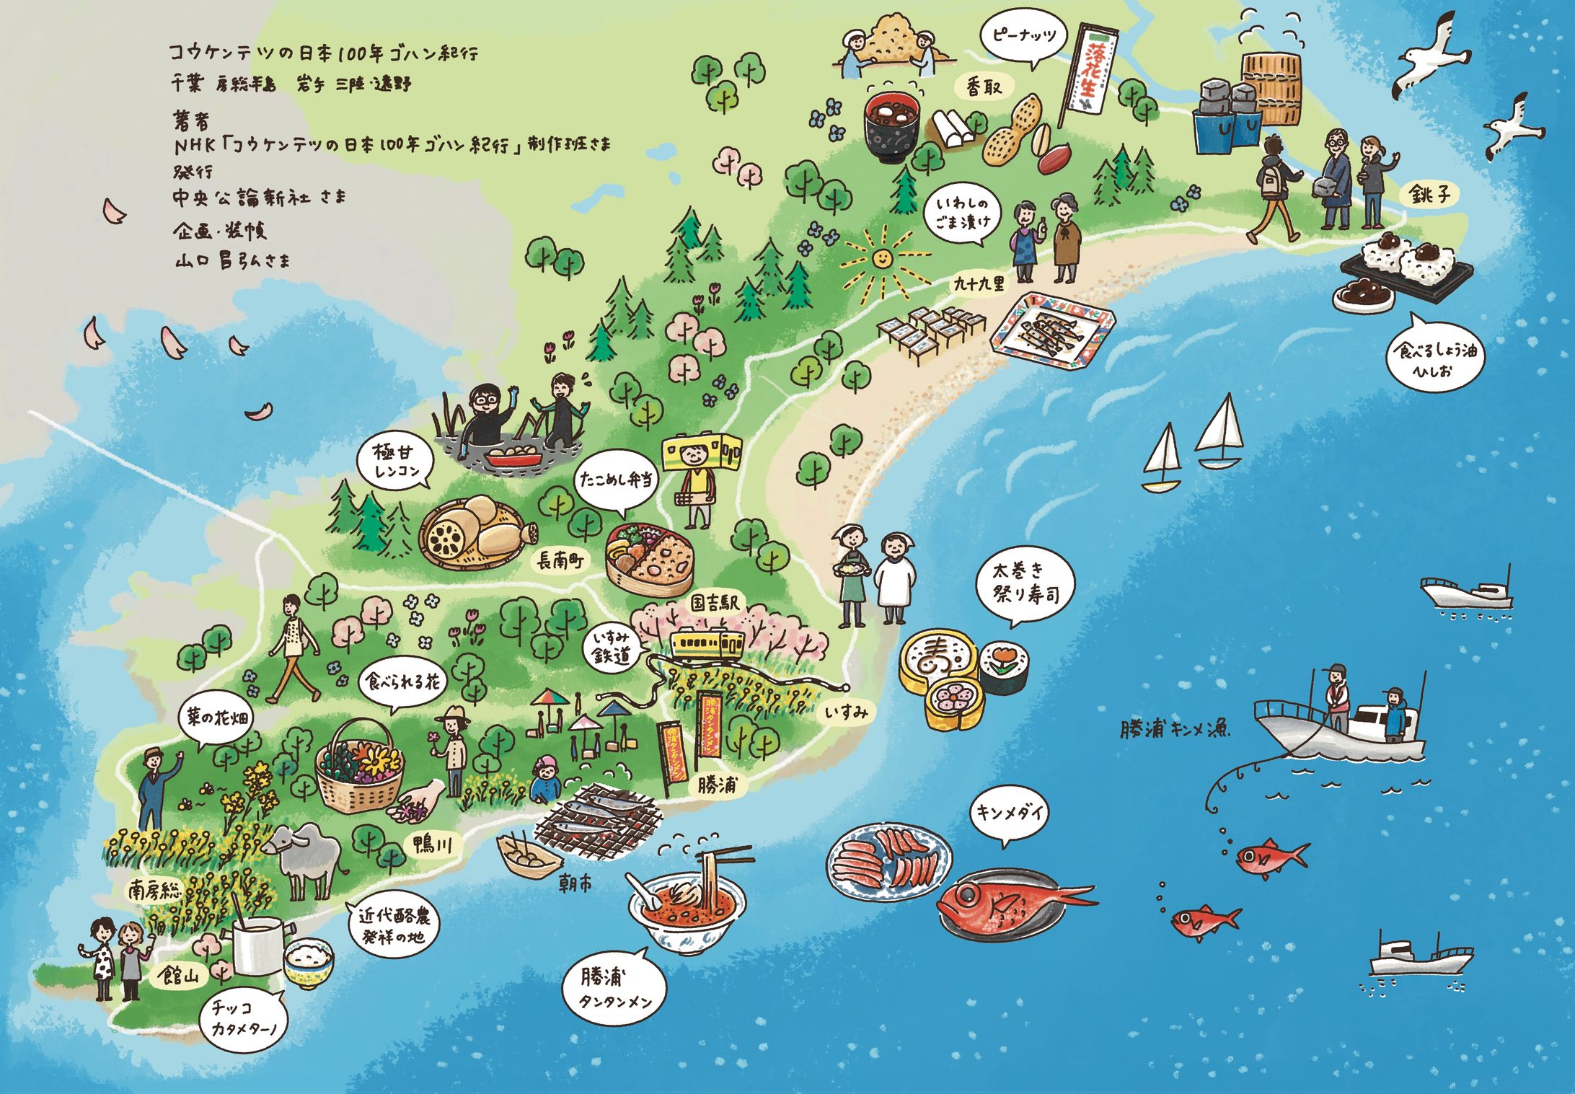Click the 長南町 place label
pyautogui.click(x=560, y=560)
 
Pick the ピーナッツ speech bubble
pyautogui.click(x=1023, y=38)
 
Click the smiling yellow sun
pyautogui.click(x=881, y=257)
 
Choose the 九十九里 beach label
pyautogui.click(x=979, y=283)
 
